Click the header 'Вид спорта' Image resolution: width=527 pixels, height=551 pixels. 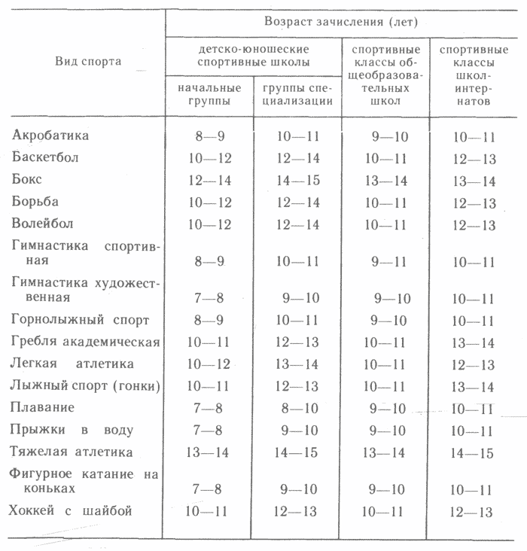(88, 62)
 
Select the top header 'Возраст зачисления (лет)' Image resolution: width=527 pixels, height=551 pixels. (341, 18)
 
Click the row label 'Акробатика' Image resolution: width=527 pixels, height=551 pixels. (51, 136)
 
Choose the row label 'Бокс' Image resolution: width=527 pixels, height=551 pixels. (28, 180)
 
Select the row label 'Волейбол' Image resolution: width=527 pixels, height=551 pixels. (44, 224)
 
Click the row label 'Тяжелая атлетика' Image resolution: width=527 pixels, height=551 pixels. (72, 452)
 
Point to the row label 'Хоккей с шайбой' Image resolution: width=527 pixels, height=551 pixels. (72, 512)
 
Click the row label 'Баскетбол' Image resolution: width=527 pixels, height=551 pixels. (45, 158)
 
